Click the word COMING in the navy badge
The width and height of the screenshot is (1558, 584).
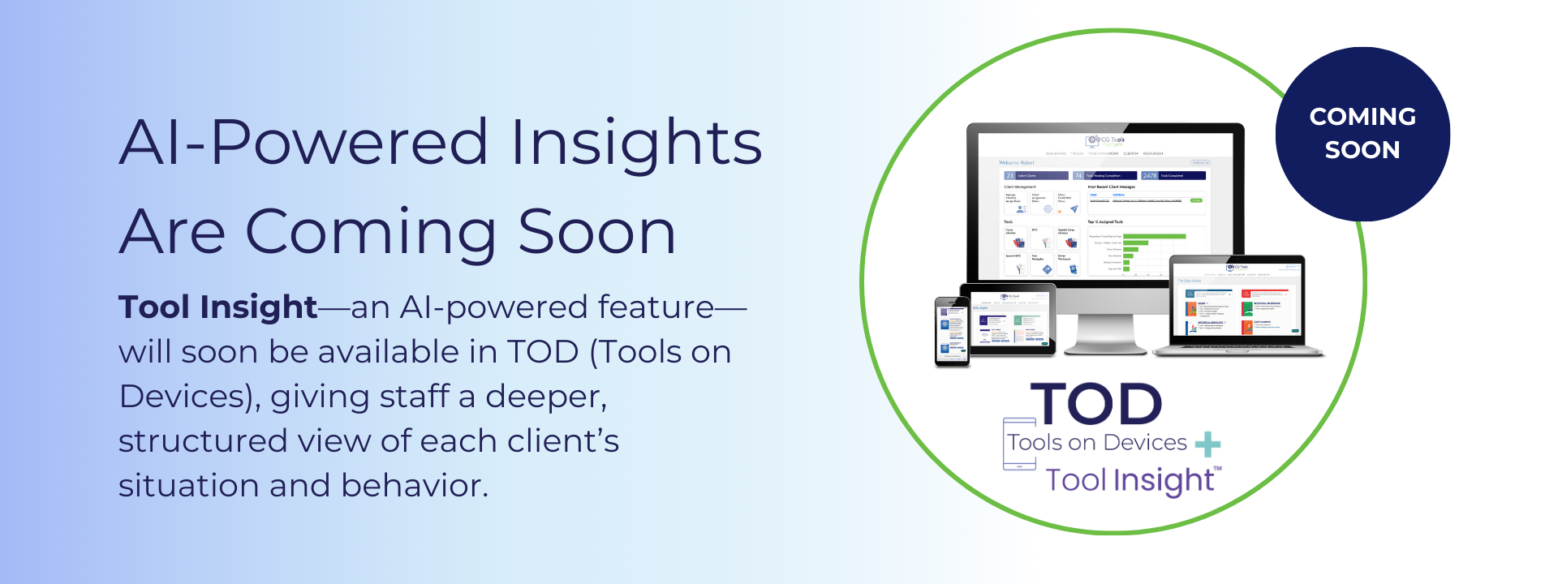pyautogui.click(x=1362, y=117)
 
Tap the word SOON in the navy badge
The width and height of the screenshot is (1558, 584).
pyautogui.click(x=1362, y=150)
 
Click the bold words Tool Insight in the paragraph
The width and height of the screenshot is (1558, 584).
pyautogui.click(x=217, y=307)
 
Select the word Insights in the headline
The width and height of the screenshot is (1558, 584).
pyautogui.click(x=636, y=144)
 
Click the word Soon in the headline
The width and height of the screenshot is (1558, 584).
pyautogui.click(x=596, y=232)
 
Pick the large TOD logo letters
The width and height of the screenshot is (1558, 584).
pyautogui.click(x=1096, y=404)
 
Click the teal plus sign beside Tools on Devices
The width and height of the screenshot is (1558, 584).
pyautogui.click(x=1207, y=444)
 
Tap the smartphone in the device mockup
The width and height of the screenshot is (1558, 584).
pyautogui.click(x=952, y=332)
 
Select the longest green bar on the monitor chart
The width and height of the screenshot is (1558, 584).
pyautogui.click(x=1154, y=237)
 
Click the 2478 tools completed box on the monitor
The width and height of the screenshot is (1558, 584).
pyautogui.click(x=1174, y=175)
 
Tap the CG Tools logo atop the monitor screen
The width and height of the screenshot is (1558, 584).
pyautogui.click(x=1106, y=141)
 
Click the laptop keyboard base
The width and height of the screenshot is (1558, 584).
pyautogui.click(x=1237, y=350)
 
